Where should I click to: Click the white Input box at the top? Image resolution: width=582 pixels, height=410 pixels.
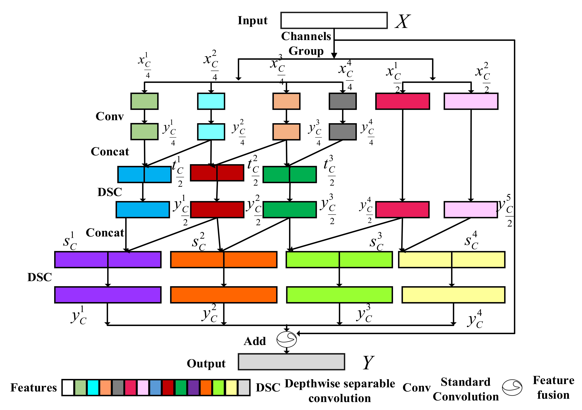click(x=334, y=20)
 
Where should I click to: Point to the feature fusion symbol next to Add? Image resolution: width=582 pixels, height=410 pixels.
click(x=286, y=339)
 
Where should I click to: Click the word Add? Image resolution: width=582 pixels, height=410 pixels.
click(x=255, y=341)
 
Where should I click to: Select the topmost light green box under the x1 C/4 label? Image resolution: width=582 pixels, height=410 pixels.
click(x=145, y=101)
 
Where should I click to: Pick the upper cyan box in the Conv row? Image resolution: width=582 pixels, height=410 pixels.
click(x=211, y=101)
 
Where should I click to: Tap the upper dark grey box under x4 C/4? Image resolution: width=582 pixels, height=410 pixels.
click(x=342, y=101)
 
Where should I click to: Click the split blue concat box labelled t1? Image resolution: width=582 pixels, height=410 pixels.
click(x=144, y=174)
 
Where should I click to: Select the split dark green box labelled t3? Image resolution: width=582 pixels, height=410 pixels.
click(x=289, y=174)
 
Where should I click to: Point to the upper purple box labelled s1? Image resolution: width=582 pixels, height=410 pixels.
click(x=108, y=259)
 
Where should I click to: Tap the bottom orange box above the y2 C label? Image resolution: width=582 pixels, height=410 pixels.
click(x=224, y=295)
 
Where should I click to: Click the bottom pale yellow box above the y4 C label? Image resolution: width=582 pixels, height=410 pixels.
click(x=453, y=295)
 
